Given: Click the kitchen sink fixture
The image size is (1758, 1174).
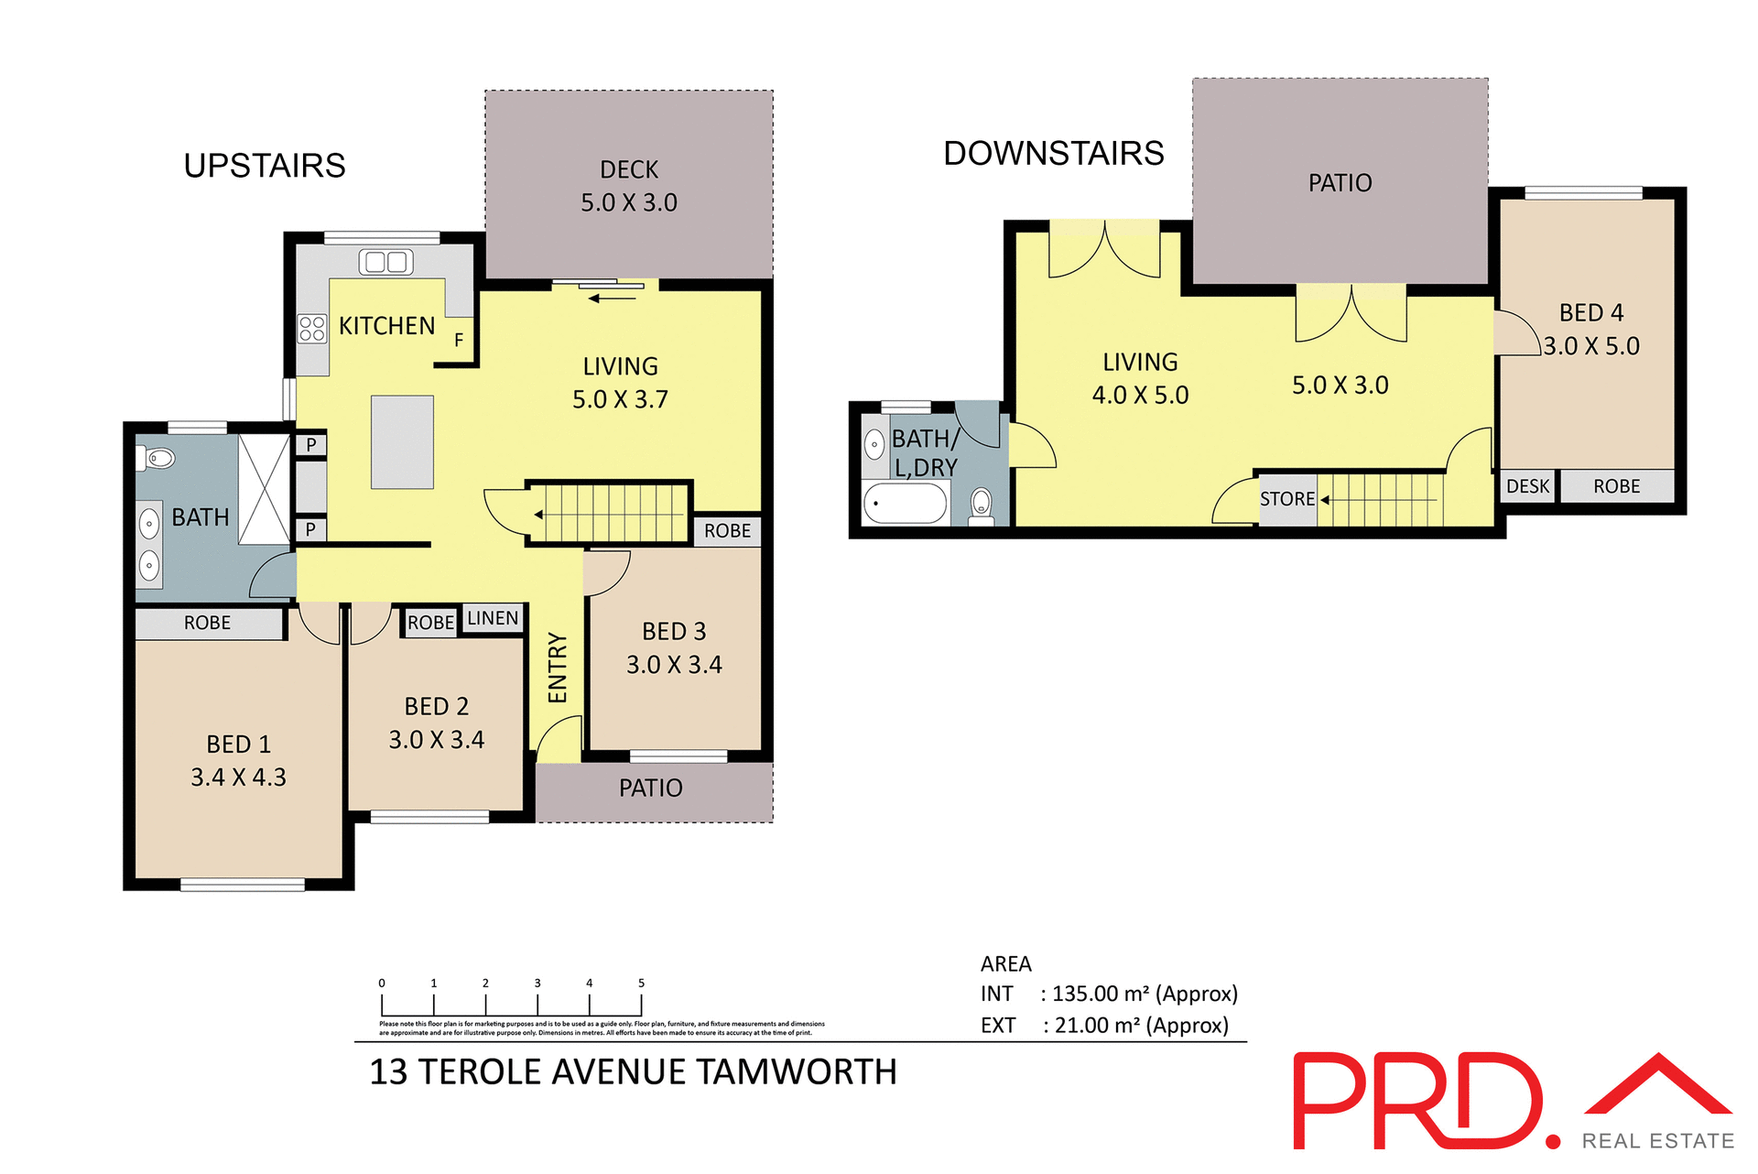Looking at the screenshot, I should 385,262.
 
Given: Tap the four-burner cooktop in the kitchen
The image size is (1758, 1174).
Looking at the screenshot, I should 312,328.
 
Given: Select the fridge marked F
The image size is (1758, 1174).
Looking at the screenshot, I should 459,340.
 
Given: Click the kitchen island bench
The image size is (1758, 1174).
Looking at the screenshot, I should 402,442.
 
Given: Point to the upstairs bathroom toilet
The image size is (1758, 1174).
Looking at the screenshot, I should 160,457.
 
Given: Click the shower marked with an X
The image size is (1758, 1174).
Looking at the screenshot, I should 265,490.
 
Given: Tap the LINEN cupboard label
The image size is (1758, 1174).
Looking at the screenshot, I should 493,618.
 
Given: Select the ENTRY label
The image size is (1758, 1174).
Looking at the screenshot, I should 558,668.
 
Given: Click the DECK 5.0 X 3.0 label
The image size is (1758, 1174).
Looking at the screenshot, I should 629,186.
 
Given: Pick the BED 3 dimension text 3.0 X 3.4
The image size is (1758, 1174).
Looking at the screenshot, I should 674,665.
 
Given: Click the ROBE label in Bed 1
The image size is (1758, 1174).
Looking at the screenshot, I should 207,623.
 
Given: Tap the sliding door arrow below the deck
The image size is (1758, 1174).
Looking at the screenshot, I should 612,298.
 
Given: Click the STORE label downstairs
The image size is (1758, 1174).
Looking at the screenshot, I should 1286,499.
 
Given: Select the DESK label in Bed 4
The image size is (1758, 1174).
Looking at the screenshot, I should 1527,486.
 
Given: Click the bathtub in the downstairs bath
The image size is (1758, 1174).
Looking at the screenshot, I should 905,504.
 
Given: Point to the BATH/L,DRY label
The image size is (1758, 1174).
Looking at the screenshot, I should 925,453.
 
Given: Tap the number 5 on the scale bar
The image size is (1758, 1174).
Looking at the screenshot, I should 641,984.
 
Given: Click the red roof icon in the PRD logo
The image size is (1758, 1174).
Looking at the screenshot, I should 1658,1084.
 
